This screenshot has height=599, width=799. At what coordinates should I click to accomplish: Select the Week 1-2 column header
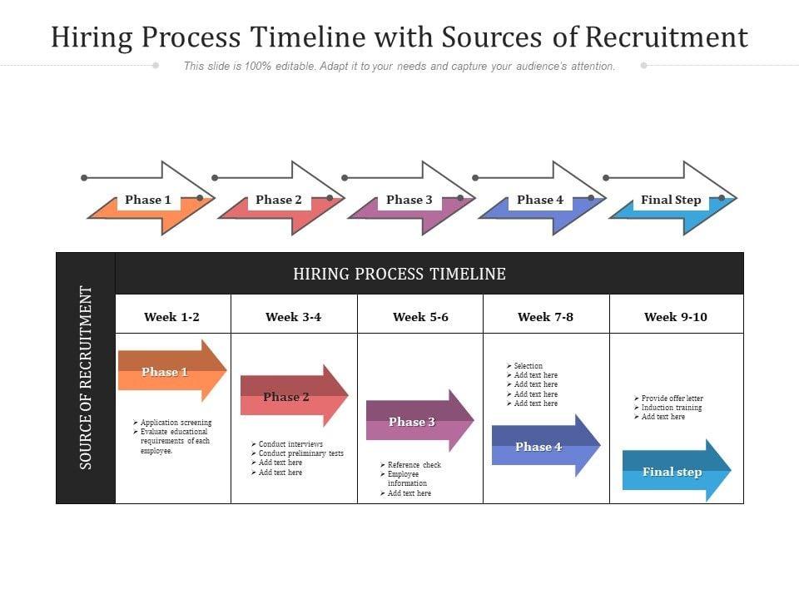(x=171, y=316)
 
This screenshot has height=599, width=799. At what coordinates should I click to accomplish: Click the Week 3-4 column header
(x=293, y=316)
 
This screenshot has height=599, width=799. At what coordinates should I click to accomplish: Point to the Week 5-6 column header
(x=420, y=316)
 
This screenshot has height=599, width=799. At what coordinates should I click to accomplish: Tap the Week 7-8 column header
(x=545, y=316)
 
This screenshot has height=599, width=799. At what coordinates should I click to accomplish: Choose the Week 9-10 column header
(x=675, y=316)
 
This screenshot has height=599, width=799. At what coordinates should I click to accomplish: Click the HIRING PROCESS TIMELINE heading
(x=399, y=274)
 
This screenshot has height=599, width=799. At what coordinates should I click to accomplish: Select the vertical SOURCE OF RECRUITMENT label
(x=86, y=378)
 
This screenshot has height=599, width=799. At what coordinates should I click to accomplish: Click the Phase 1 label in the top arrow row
(x=148, y=200)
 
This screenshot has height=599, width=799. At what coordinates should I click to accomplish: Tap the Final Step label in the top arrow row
(x=671, y=200)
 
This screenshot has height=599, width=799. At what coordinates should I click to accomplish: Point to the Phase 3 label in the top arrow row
(x=409, y=200)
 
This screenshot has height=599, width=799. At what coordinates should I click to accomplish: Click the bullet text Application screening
(x=176, y=423)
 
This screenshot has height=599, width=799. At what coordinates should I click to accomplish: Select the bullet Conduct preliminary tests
(x=300, y=453)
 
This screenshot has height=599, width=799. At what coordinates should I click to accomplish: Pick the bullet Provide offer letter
(x=672, y=399)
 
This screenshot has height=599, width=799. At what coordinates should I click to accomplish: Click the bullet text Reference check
(x=414, y=465)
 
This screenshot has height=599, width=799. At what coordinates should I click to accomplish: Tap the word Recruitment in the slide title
(x=667, y=37)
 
